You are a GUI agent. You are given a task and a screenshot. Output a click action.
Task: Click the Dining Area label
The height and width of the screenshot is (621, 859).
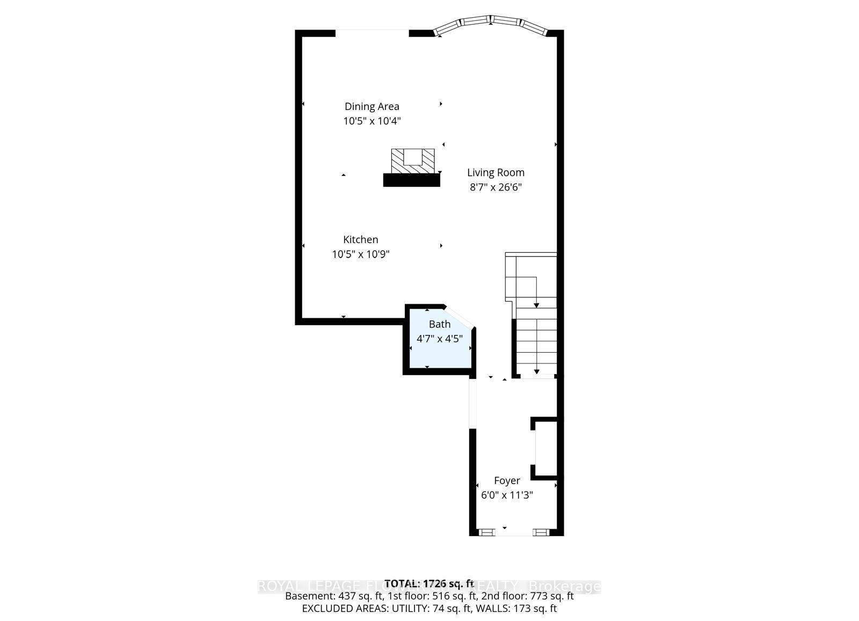pyautogui.click(x=372, y=106)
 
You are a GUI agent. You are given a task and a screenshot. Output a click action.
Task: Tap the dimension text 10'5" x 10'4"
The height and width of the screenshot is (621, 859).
pyautogui.click(x=372, y=121)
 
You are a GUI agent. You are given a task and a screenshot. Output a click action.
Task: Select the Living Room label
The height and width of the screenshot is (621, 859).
pyautogui.click(x=496, y=172)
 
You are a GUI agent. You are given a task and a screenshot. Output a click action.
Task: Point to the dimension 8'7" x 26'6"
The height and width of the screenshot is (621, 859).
pyautogui.click(x=496, y=187)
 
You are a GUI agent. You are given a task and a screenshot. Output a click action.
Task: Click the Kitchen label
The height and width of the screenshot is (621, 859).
pyautogui.click(x=361, y=239)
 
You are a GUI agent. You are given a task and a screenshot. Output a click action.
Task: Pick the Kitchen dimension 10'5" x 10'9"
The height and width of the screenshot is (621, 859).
pyautogui.click(x=361, y=254)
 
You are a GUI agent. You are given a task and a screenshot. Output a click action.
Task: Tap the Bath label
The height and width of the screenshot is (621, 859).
pyautogui.click(x=439, y=324)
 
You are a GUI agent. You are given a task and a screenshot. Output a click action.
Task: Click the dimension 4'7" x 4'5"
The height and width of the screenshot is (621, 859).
pyautogui.click(x=439, y=339)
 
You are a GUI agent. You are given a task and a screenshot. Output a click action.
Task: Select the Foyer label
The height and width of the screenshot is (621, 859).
pyautogui.click(x=507, y=480)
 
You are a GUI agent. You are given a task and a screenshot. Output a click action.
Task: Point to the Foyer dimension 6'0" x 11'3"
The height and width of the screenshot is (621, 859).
pyautogui.click(x=507, y=495)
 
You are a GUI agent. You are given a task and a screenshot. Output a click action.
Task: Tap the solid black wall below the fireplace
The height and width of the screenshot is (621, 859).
pyautogui.click(x=411, y=180)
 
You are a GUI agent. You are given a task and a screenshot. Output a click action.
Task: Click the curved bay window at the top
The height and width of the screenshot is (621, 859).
pyautogui.click(x=491, y=22)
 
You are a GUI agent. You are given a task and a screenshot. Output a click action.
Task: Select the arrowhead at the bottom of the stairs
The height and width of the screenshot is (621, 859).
pyautogui.click(x=537, y=371)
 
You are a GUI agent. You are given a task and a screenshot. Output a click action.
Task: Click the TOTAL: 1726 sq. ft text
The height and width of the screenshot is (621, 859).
pyautogui.click(x=429, y=583)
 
